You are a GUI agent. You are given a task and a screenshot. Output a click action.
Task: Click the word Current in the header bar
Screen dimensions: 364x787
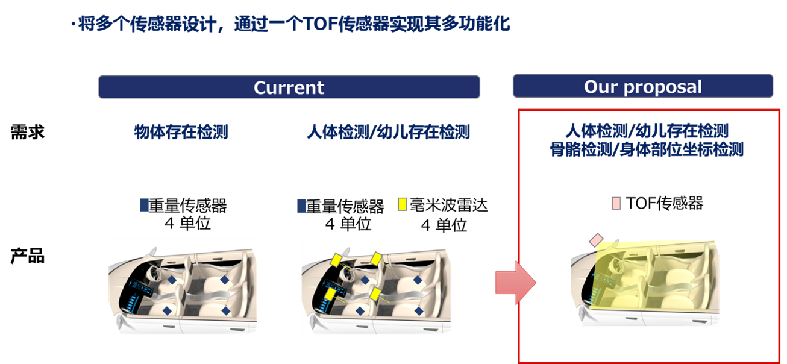pyautogui.click(x=289, y=87)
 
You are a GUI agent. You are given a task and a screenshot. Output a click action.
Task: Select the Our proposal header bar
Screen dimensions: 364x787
pyautogui.click(x=642, y=86)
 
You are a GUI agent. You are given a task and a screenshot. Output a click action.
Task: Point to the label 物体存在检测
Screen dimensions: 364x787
pyautogui.click(x=181, y=133)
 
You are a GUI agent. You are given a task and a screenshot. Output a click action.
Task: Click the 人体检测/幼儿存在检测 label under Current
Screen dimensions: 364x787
pyautogui.click(x=388, y=133)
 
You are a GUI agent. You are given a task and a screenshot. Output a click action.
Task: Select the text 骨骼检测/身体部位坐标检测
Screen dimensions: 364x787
pyautogui.click(x=647, y=150)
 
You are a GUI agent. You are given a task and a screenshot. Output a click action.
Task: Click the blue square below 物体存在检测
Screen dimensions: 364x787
pyautogui.click(x=145, y=204)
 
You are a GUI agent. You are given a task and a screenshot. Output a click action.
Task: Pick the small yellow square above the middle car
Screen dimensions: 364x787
pyautogui.click(x=402, y=204)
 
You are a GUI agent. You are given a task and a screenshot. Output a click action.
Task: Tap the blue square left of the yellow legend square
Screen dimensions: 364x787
pyautogui.click(x=302, y=206)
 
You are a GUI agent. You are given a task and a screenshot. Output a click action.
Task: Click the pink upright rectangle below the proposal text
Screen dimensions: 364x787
pyautogui.click(x=616, y=203)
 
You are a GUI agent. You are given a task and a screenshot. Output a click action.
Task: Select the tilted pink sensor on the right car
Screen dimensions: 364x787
pyautogui.click(x=596, y=240)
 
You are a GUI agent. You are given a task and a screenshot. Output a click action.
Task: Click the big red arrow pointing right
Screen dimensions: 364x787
pyautogui.click(x=515, y=283)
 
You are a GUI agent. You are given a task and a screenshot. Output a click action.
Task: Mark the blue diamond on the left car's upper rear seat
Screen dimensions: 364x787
pyautogui.click(x=225, y=280)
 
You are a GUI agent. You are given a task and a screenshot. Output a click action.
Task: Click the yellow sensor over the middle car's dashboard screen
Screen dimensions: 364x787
pyautogui.click(x=330, y=293)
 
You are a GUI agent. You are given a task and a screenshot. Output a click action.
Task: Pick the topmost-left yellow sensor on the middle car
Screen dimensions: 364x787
pyautogui.click(x=336, y=261)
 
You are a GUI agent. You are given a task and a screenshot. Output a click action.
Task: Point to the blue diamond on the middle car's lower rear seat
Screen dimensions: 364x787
pyautogui.click(x=418, y=311)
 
